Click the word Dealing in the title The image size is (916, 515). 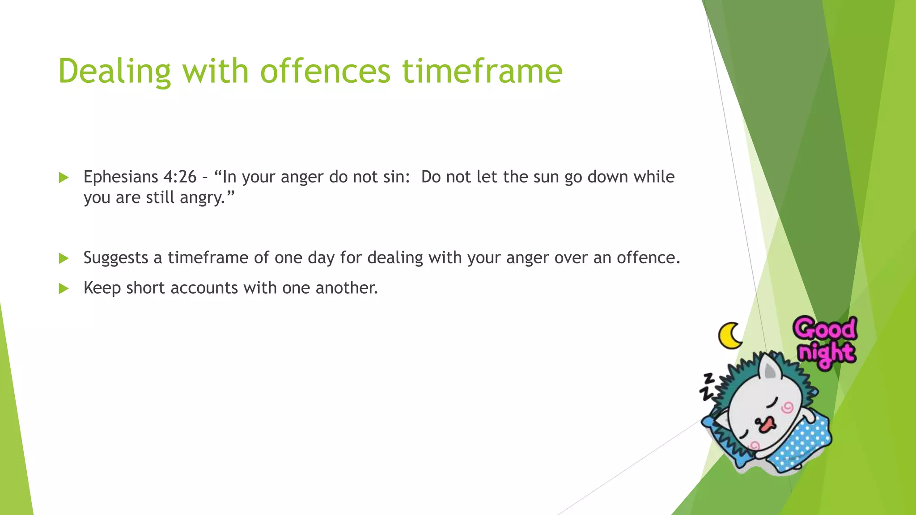114,72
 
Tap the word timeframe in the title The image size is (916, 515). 482,72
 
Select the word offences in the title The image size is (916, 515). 325,72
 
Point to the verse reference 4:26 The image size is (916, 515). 180,177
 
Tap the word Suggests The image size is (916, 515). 116,258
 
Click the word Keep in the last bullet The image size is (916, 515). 102,288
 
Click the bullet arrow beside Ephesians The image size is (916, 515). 64,177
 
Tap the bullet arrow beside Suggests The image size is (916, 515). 64,258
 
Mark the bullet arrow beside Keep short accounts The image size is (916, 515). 64,288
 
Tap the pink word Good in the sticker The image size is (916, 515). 825,329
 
